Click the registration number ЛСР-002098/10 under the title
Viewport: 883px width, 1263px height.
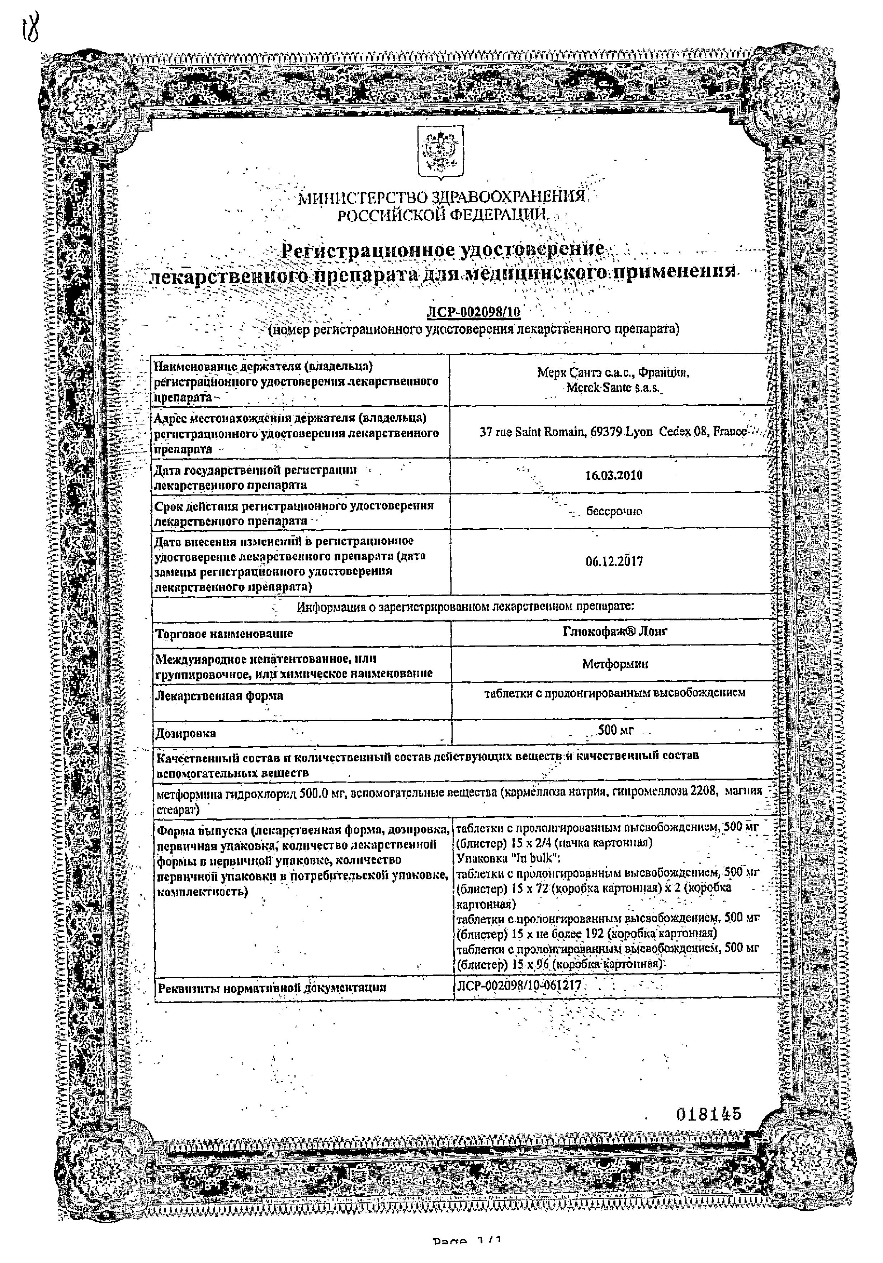[x=473, y=313]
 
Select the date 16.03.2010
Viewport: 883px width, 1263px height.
[x=614, y=475]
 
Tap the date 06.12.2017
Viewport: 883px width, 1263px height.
[x=614, y=562]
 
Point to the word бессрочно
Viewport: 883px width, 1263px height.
[x=614, y=511]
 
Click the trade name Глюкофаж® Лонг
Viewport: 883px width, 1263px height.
[x=615, y=631]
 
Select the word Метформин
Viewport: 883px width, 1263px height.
[x=615, y=664]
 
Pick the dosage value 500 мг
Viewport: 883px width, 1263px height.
[x=615, y=730]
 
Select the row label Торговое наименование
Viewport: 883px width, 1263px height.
[x=224, y=634]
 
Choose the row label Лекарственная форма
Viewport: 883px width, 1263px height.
[x=219, y=695]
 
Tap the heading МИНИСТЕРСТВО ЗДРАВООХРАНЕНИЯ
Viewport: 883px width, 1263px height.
[x=440, y=197]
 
